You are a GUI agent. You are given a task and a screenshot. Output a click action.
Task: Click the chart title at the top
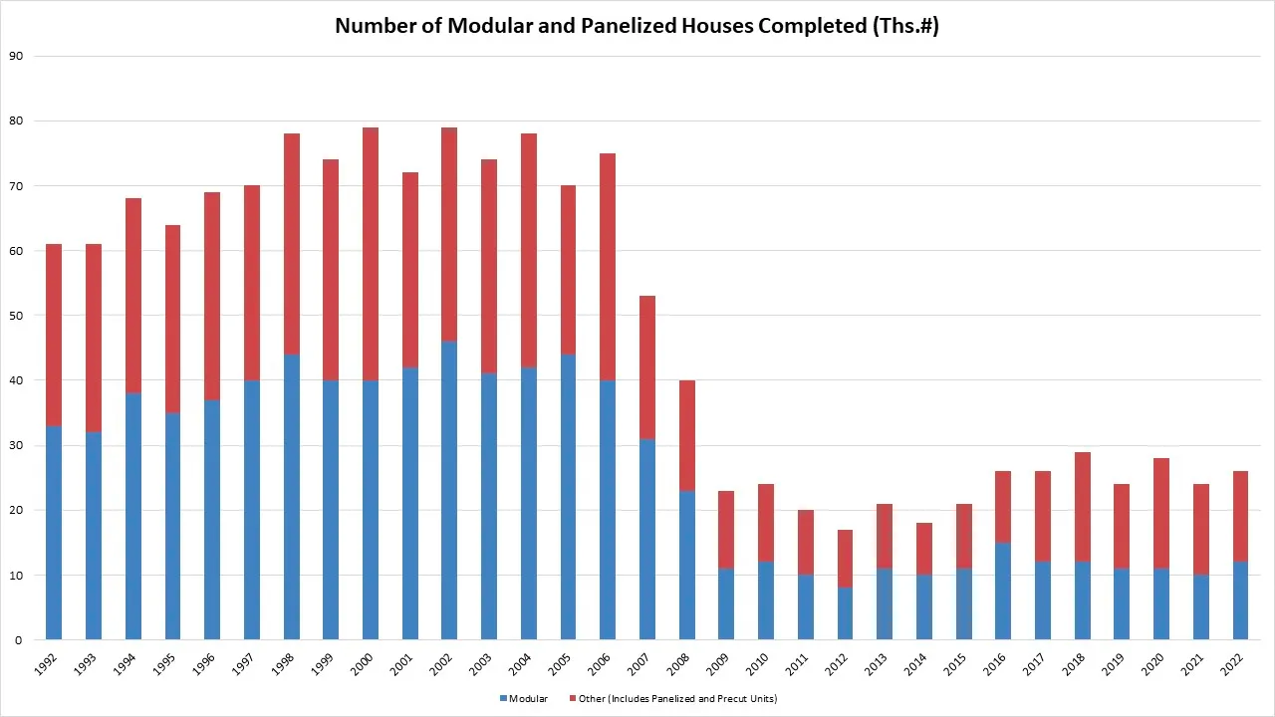coord(637,27)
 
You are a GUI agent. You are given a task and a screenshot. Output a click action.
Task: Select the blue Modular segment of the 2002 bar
coord(449,491)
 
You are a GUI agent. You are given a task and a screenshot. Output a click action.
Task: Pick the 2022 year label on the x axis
coord(1232,664)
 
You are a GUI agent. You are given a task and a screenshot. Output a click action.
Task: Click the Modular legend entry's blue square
coord(503,699)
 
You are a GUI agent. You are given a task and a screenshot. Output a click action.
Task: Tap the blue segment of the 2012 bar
coord(845,613)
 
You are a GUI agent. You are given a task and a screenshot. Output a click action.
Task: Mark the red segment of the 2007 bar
coord(647,367)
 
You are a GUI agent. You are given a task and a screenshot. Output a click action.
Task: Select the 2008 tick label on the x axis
coord(681,664)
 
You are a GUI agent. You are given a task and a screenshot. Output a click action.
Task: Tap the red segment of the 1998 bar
coord(292,244)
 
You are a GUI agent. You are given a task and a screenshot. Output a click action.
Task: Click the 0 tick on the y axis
coord(18,640)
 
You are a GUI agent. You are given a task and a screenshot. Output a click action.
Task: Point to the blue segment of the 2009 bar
coord(726,604)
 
